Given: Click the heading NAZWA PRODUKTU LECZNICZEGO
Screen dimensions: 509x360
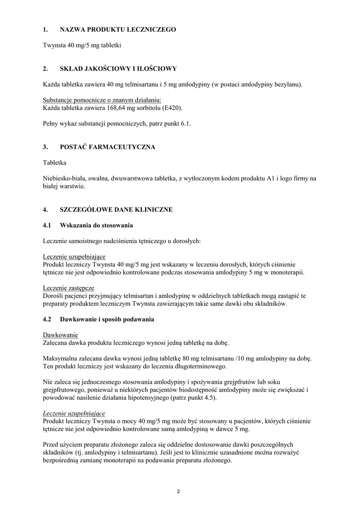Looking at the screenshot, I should coord(118,30).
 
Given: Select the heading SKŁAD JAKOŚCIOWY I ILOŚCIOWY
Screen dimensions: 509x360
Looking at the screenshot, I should coord(118,69).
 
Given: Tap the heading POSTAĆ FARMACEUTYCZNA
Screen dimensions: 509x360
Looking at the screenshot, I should coord(107,147).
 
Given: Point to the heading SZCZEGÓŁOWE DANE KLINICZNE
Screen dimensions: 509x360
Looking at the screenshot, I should coord(116,210).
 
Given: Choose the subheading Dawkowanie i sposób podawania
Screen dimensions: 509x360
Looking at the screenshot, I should coord(107,319).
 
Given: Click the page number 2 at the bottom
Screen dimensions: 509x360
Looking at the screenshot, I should coord(179,492).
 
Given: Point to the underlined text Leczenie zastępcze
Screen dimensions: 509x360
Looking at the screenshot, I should coord(68,288).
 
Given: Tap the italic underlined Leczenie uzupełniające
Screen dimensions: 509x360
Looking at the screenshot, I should coord(74,413).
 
